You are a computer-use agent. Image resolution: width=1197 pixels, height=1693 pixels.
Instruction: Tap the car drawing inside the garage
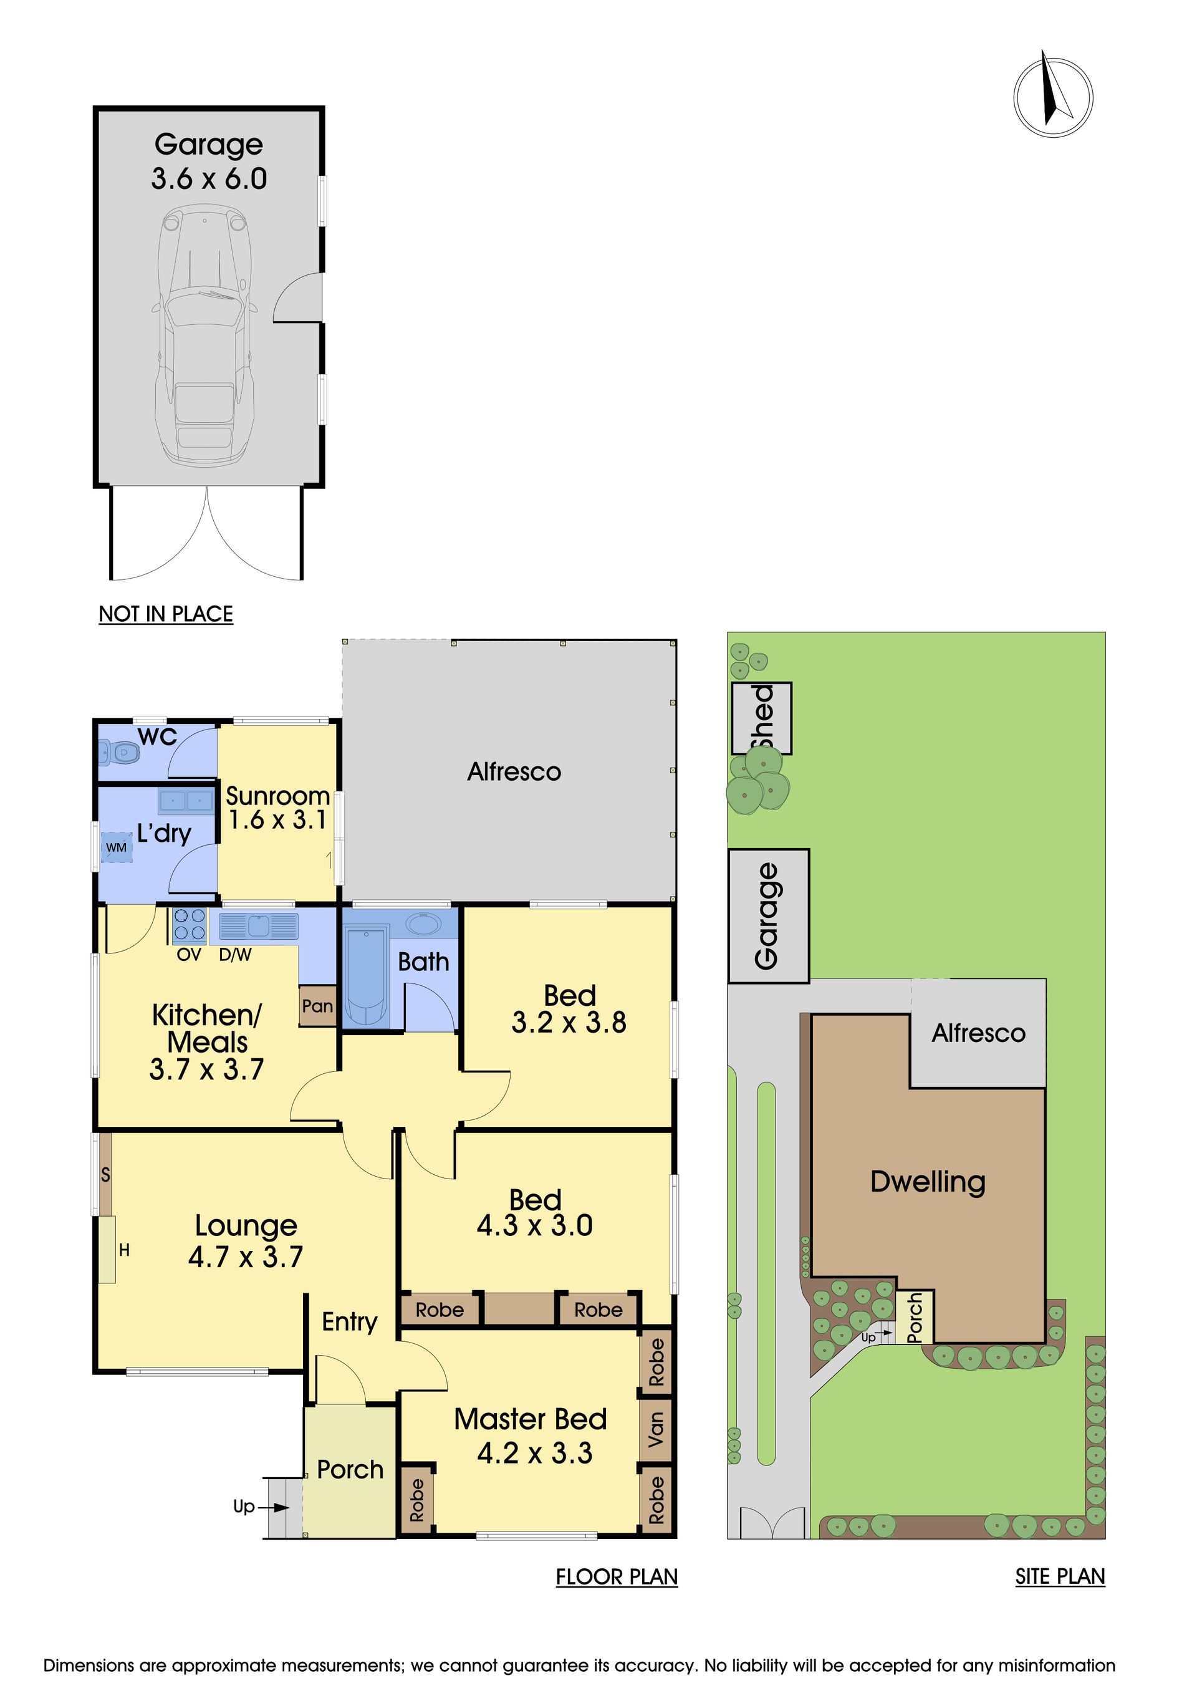[x=205, y=335]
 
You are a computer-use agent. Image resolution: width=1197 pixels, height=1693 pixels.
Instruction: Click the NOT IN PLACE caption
[x=166, y=614]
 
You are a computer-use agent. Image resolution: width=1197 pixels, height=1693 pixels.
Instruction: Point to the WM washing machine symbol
[x=117, y=847]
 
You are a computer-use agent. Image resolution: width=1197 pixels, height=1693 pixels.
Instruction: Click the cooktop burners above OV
[x=189, y=925]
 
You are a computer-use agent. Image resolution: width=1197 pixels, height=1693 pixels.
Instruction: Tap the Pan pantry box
[x=318, y=1006]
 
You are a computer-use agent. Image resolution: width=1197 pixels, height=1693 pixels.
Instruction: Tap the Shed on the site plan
[x=762, y=718]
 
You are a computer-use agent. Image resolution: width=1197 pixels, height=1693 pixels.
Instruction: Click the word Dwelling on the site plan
[x=928, y=1181]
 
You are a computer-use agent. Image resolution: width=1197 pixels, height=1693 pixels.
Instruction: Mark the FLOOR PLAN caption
[x=617, y=1577]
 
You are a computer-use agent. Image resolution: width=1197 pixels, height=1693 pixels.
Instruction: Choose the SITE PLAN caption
[x=1060, y=1576]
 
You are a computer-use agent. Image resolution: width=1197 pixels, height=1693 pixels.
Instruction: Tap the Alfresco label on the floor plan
[x=514, y=772]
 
